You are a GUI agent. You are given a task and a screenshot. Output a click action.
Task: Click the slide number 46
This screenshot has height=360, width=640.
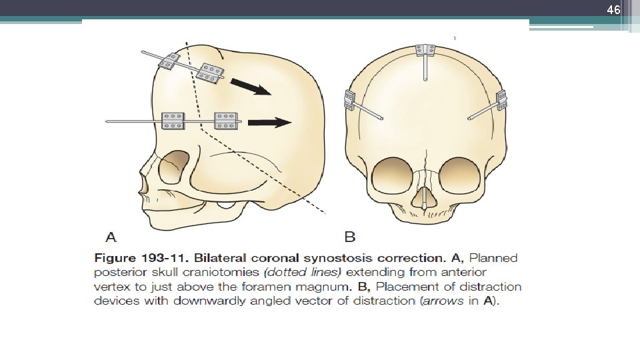(613, 10)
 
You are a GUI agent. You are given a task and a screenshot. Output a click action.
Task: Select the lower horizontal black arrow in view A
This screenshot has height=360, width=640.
(269, 122)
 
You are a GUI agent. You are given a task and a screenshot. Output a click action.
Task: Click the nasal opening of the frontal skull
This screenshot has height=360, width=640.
(423, 197)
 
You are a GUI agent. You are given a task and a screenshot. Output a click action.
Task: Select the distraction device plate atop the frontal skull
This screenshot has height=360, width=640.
(424, 50)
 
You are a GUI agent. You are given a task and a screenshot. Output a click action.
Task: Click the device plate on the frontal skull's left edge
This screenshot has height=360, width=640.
(348, 100)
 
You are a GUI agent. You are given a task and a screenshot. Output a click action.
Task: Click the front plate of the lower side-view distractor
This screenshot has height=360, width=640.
(172, 121)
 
